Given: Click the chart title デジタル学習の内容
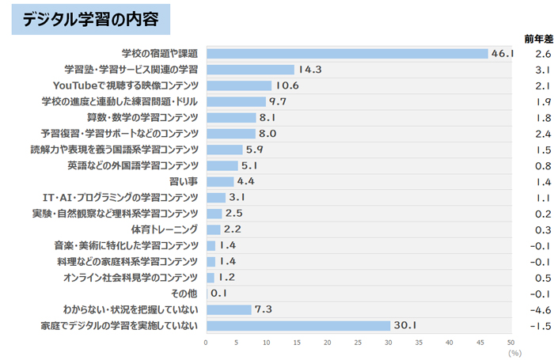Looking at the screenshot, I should (91, 20).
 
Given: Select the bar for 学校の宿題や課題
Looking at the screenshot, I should (347, 53).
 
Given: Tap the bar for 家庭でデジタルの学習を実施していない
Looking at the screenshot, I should (298, 326).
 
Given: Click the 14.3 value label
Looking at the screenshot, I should (310, 70).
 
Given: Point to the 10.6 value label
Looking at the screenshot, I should (287, 85).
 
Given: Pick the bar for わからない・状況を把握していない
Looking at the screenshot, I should (228, 309).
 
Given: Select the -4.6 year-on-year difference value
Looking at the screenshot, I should (542, 309).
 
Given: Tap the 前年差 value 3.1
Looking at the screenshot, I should (542, 70).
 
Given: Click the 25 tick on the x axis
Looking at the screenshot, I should (359, 343).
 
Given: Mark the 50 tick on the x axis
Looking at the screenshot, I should (510, 343).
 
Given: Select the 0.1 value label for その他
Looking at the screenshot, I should (219, 294).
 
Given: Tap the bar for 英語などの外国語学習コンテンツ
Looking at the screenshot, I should (222, 165).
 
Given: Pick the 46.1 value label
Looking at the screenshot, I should (503, 53).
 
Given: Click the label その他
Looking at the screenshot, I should (186, 294).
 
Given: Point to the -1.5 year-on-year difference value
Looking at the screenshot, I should (542, 326).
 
